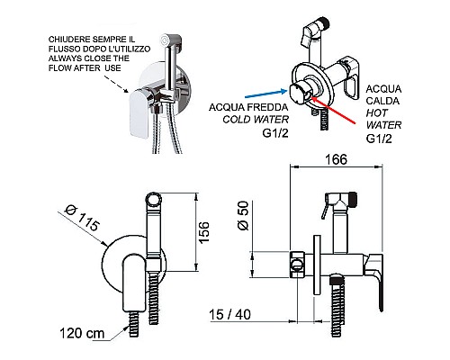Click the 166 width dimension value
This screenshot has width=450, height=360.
336,159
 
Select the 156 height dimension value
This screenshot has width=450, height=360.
203,232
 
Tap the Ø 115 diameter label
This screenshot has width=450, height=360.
82,219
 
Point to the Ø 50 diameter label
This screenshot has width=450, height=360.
244,215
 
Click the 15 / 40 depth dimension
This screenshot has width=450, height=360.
229,314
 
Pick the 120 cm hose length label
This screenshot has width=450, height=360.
82,333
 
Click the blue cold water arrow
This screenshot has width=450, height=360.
266,94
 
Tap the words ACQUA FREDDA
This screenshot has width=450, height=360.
248,107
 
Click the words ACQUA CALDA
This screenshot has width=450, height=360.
383,94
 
